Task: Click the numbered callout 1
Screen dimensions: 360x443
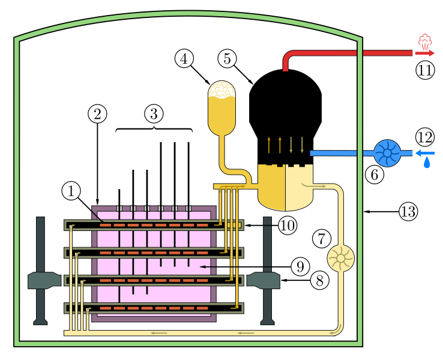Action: tap(71, 191)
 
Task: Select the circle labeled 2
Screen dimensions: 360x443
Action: tap(97, 113)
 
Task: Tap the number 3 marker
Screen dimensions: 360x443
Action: tap(154, 113)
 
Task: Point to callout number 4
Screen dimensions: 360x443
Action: tap(184, 59)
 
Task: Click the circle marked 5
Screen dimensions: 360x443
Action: tap(227, 59)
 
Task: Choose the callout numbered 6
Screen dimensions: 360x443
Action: tap(375, 175)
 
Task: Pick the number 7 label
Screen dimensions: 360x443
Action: tap(321, 239)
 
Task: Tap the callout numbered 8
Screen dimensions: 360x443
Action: tap(319, 280)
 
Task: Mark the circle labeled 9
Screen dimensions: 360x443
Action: tap(300, 266)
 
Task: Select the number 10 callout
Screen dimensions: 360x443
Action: tap(288, 226)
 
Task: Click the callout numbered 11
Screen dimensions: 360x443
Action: tap(425, 70)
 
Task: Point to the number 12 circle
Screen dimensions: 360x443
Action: tap(425, 137)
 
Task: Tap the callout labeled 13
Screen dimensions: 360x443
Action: tap(408, 211)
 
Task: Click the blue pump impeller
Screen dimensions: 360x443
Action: tap(387, 153)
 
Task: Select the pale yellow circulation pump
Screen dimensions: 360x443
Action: tap(340, 258)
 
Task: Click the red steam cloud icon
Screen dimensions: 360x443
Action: tap(425, 41)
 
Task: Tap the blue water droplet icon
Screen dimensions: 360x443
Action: tap(427, 163)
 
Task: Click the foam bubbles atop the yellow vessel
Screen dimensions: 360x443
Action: tap(221, 89)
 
